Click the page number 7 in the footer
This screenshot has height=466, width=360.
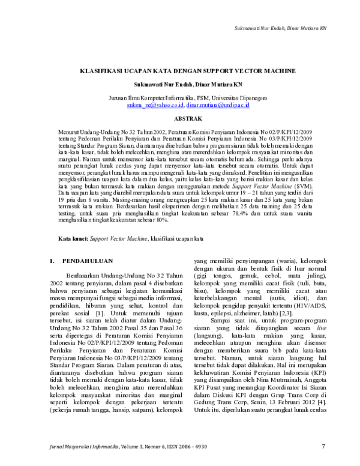323,446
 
